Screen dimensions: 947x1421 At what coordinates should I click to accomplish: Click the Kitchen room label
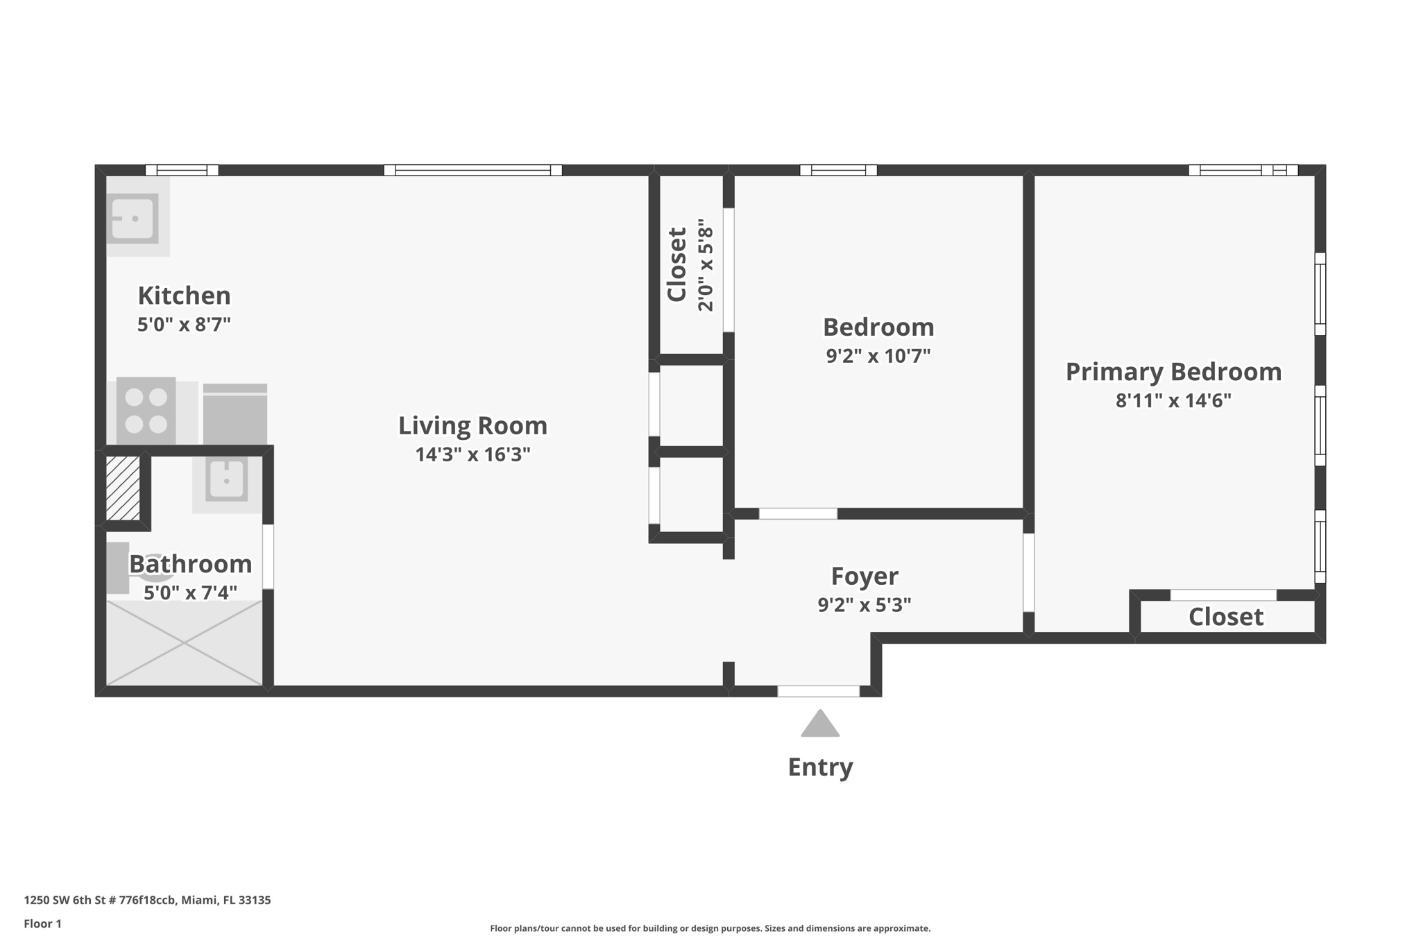[x=184, y=296]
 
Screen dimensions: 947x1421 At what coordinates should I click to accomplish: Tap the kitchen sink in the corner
[x=133, y=218]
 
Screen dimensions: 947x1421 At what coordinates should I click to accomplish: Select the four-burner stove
[x=146, y=410]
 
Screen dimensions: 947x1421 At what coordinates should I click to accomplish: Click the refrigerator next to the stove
[x=235, y=415]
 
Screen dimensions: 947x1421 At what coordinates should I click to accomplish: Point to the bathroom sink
[x=226, y=479]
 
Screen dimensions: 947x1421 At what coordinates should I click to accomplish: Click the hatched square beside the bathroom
[x=123, y=488]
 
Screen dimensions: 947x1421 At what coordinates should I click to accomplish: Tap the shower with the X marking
[x=184, y=643]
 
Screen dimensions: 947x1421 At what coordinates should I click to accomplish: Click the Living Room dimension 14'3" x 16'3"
[x=473, y=454]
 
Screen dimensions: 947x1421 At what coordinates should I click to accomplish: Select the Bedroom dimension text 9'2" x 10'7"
[x=878, y=356]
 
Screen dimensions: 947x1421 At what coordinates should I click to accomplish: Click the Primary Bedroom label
[x=1173, y=372]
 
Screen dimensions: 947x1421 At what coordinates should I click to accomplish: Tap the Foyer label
[x=865, y=576]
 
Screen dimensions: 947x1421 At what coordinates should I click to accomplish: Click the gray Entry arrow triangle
[x=820, y=725]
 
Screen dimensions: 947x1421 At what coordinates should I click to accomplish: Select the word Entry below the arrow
[x=820, y=767]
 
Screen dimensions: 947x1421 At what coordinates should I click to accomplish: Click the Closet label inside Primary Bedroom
[x=1225, y=617]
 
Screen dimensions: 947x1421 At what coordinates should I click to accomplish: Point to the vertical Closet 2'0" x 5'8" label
[x=689, y=265]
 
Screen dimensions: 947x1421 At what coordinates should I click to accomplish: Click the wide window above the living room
[x=473, y=170]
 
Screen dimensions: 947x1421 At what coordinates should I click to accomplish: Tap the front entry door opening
[x=818, y=691]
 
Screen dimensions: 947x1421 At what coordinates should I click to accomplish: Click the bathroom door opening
[x=268, y=556]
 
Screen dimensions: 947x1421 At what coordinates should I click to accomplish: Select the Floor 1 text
[x=42, y=923]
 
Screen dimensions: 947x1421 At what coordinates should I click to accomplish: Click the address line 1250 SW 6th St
[x=147, y=900]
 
